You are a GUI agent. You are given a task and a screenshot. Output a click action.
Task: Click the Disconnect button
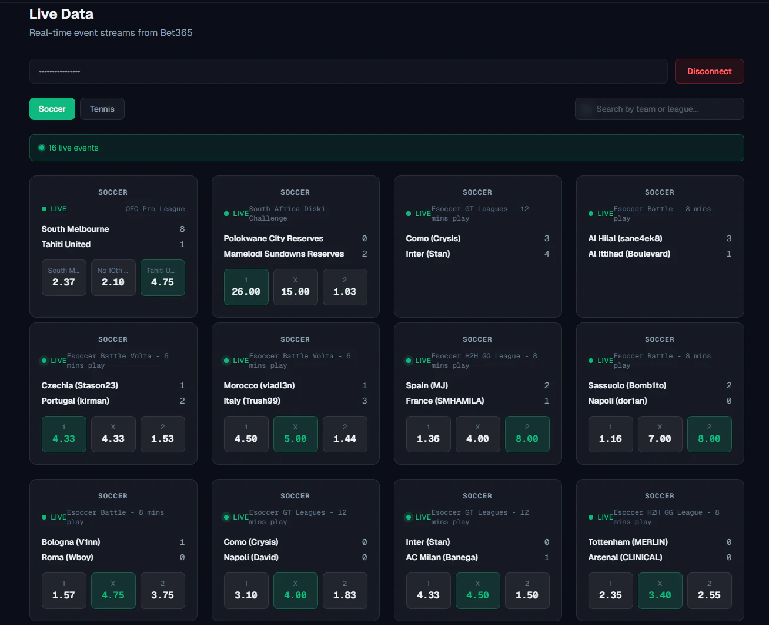(709, 71)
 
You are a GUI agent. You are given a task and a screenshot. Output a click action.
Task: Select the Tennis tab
(102, 109)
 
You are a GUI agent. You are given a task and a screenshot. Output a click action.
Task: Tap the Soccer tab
(52, 109)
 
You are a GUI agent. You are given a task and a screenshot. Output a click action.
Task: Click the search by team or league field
(659, 109)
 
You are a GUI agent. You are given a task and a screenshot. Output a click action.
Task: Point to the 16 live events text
(73, 148)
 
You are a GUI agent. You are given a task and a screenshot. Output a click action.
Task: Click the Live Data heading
(61, 14)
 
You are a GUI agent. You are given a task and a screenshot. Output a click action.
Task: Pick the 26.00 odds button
(246, 287)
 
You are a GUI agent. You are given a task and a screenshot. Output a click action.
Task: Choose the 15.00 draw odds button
(295, 287)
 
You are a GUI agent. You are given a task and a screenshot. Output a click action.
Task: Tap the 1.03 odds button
(345, 287)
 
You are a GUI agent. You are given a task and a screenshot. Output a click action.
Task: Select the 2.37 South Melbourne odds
(63, 278)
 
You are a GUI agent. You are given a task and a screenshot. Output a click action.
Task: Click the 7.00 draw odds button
(660, 434)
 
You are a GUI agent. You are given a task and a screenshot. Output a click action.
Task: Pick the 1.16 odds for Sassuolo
(610, 434)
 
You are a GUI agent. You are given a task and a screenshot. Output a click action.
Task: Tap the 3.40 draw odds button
(660, 591)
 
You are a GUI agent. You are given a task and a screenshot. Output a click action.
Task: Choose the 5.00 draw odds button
(295, 434)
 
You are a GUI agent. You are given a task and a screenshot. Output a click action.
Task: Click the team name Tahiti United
(66, 244)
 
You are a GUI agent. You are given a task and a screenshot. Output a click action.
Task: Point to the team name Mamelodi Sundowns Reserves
(283, 254)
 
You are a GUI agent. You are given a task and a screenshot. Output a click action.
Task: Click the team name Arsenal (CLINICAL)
(625, 557)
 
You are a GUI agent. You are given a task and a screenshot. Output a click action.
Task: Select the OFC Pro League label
(155, 209)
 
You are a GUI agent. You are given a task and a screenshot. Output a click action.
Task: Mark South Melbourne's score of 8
(182, 229)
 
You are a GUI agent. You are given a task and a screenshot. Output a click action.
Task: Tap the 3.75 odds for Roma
(162, 591)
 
